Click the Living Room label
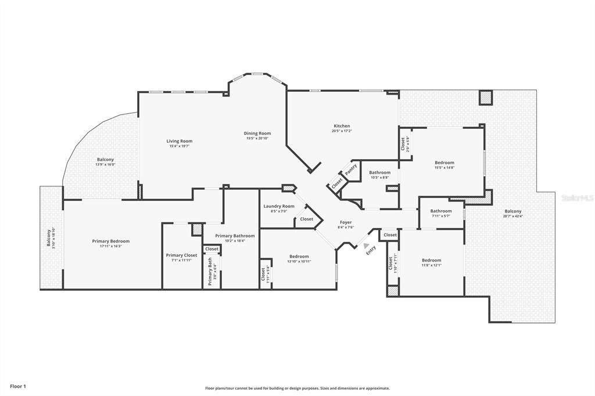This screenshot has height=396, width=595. click(x=179, y=141)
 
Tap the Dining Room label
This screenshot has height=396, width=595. click(x=257, y=134)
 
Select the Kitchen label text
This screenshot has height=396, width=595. click(x=342, y=126)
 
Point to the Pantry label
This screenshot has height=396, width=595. click(x=351, y=170)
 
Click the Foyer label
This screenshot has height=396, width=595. click(x=345, y=222)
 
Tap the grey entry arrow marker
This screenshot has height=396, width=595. click(x=366, y=246)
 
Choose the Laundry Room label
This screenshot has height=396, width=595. click(x=278, y=206)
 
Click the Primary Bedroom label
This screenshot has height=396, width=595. click(x=110, y=241)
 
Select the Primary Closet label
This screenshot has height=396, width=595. click(x=181, y=255)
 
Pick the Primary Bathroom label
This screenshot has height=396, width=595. click(x=235, y=236)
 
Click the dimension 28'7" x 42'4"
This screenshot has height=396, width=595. click(x=512, y=216)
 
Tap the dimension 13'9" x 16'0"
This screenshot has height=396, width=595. click(x=105, y=164)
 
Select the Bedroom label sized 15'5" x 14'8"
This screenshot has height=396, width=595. click(x=445, y=163)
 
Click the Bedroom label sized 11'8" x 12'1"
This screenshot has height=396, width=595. click(x=431, y=260)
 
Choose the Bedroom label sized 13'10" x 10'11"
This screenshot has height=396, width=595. click(x=299, y=256)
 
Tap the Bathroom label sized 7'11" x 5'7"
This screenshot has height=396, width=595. click(x=441, y=211)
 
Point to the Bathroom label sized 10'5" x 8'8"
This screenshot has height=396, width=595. click(x=379, y=172)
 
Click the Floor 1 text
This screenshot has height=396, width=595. click(x=18, y=386)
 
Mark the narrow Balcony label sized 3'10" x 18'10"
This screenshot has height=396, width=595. click(x=49, y=237)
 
